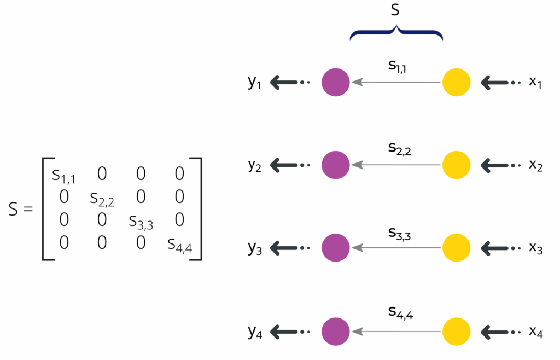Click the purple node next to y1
[335, 83]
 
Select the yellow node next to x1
[456, 83]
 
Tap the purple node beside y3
[335, 248]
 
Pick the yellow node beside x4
[456, 331]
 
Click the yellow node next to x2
[456, 165]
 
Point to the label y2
[255, 166]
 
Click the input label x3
[535, 248]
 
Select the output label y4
[255, 332]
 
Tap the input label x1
[535, 83]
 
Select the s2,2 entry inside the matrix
[102, 199]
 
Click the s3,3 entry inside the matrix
[141, 222]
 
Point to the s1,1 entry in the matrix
[63, 176]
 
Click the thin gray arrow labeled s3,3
[396, 248]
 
